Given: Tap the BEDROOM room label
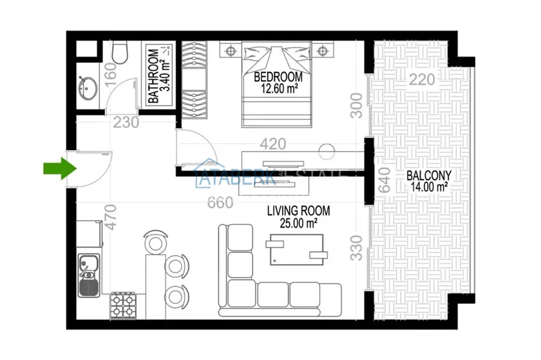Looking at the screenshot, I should click(278, 77).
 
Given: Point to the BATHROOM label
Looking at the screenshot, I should click(153, 76).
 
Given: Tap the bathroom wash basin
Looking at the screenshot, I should click(88, 88).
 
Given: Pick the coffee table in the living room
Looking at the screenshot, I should click(296, 249).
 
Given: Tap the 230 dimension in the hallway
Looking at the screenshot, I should click(127, 123).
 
